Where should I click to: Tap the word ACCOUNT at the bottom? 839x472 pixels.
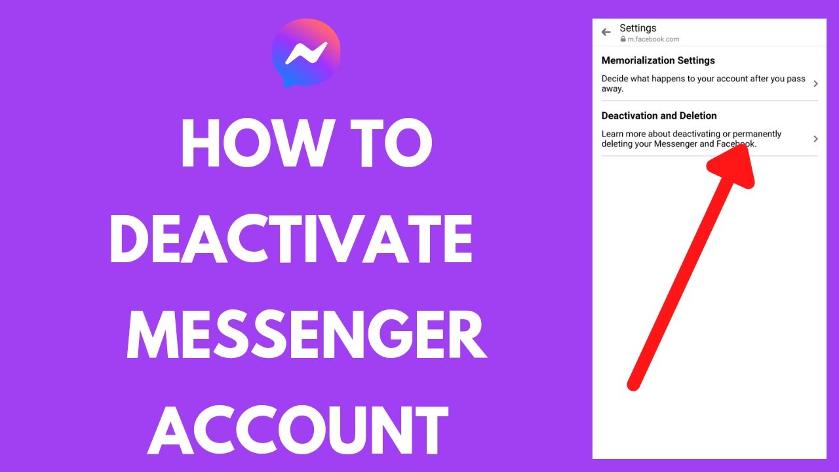[x=298, y=430]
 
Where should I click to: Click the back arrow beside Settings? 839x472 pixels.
[x=606, y=31]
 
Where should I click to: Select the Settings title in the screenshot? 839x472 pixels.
[x=638, y=28]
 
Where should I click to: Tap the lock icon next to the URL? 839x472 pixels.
[x=623, y=39]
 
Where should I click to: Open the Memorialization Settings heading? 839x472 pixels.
[x=658, y=60]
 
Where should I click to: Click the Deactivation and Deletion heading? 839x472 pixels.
[x=659, y=115]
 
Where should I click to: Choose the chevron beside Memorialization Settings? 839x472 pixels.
[x=815, y=83]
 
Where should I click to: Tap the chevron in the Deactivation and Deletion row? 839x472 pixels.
[x=815, y=139]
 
